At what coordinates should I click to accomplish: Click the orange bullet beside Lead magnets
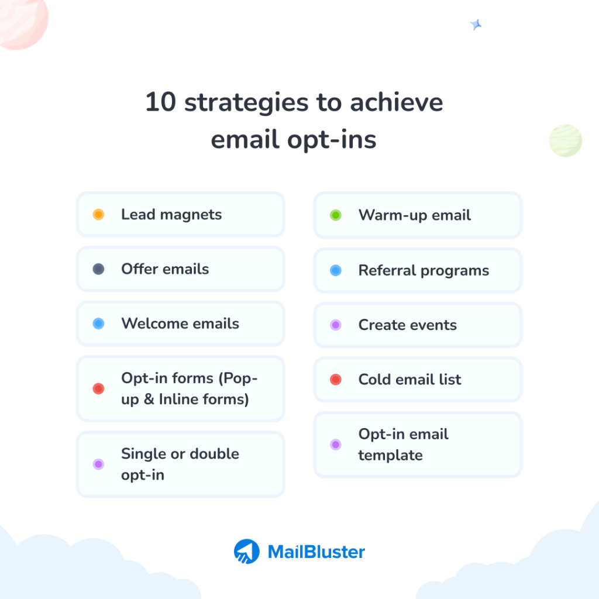click(98, 215)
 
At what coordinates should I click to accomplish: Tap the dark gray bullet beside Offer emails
click(98, 269)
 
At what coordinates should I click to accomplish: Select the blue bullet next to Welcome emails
click(98, 323)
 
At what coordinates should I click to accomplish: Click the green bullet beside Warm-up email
click(336, 215)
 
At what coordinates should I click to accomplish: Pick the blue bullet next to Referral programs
click(336, 270)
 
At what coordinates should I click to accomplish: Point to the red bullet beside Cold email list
click(336, 380)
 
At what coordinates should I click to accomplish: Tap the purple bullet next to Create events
click(336, 325)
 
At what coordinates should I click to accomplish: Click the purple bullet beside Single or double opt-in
click(98, 464)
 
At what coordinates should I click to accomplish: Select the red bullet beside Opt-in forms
click(98, 388)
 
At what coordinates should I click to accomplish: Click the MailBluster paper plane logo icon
click(246, 551)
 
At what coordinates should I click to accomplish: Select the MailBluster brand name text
click(316, 552)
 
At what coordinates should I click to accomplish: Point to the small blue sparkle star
click(476, 25)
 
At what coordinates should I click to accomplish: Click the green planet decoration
click(565, 140)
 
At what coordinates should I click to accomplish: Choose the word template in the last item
click(390, 455)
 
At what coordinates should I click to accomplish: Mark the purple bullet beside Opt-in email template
click(336, 445)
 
